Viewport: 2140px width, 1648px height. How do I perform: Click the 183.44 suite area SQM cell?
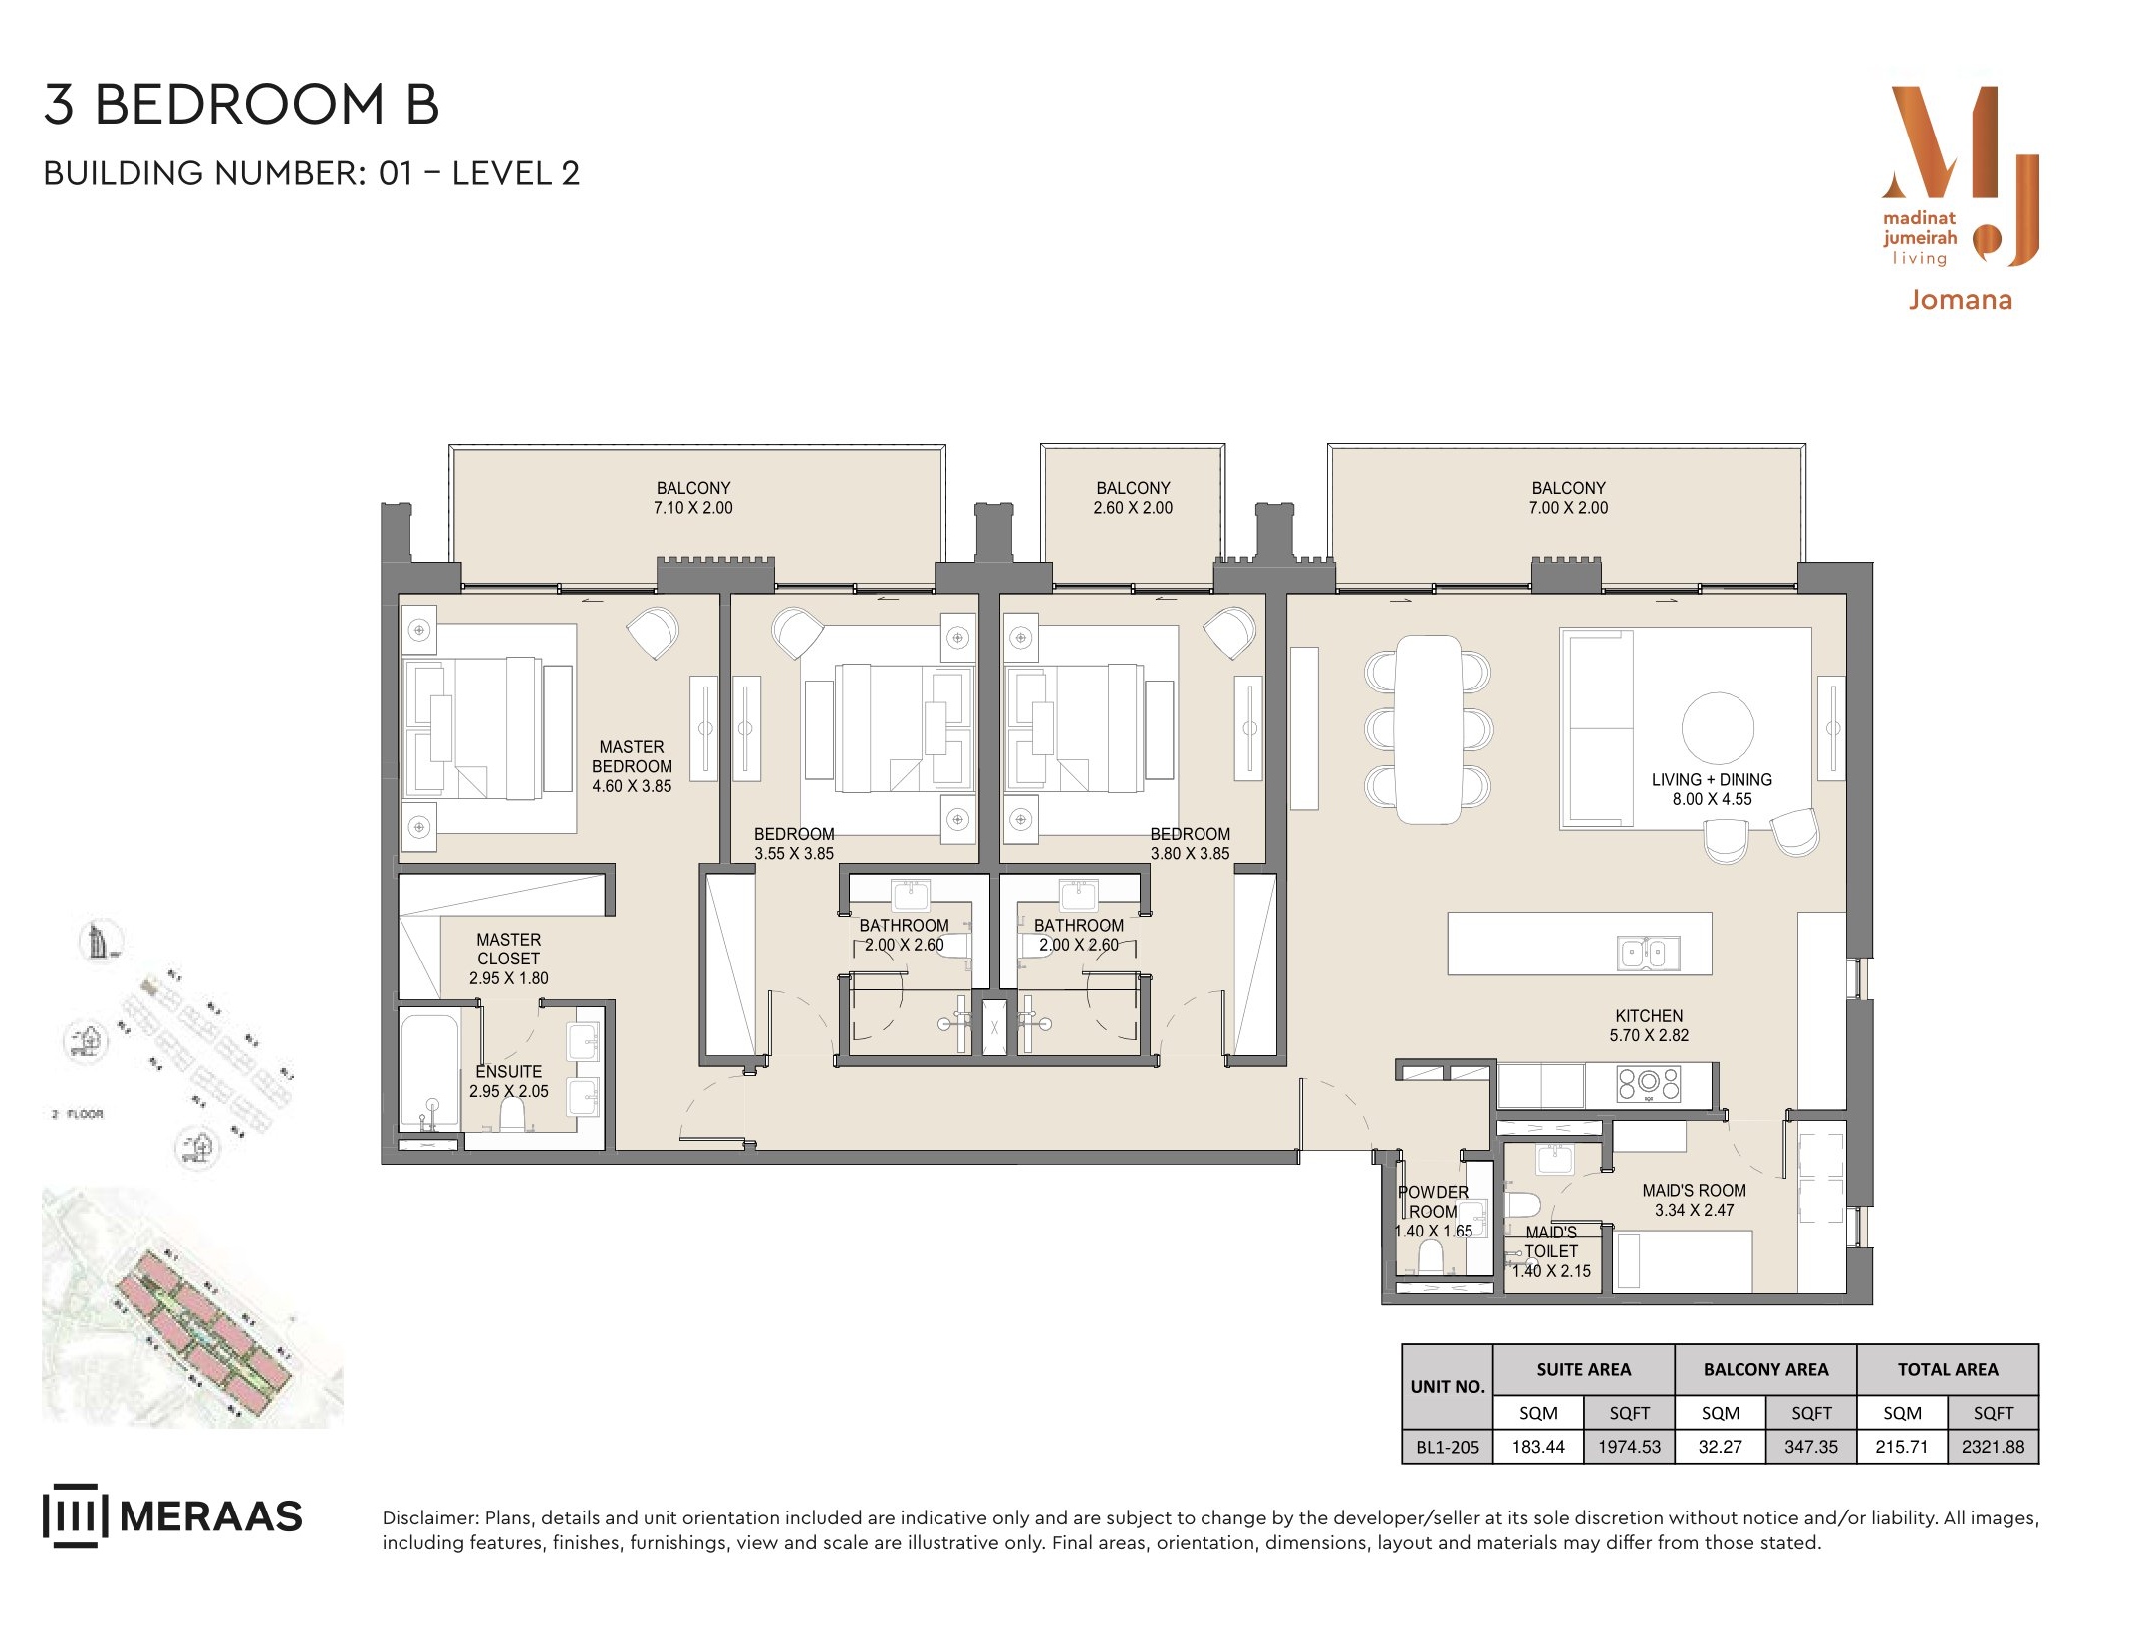click(1538, 1447)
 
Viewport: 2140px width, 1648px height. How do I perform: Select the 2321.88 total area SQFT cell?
click(1993, 1447)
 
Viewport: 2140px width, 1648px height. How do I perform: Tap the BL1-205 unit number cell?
click(1448, 1447)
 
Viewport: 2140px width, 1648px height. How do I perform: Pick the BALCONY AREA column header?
click(1765, 1369)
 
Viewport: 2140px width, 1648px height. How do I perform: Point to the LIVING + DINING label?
click(1712, 780)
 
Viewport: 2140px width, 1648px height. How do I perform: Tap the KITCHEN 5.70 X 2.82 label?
click(1649, 1025)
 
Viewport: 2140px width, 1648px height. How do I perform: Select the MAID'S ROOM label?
click(1694, 1191)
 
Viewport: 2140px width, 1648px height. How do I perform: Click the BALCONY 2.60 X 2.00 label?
click(1133, 498)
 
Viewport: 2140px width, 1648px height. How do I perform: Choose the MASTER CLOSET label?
click(508, 949)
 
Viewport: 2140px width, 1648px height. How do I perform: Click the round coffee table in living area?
click(1718, 728)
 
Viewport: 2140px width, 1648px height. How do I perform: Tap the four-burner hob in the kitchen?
click(1649, 1084)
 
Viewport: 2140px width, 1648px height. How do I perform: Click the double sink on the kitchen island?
click(1649, 953)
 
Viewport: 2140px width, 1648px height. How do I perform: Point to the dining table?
click(1429, 729)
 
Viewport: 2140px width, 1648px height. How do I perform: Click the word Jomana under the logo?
click(1960, 300)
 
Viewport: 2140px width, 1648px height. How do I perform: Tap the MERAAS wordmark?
click(210, 1516)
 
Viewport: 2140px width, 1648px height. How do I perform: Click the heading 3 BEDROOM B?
click(241, 105)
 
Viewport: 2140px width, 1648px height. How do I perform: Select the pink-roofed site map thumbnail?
click(192, 1308)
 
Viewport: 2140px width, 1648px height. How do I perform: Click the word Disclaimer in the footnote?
click(429, 1517)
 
